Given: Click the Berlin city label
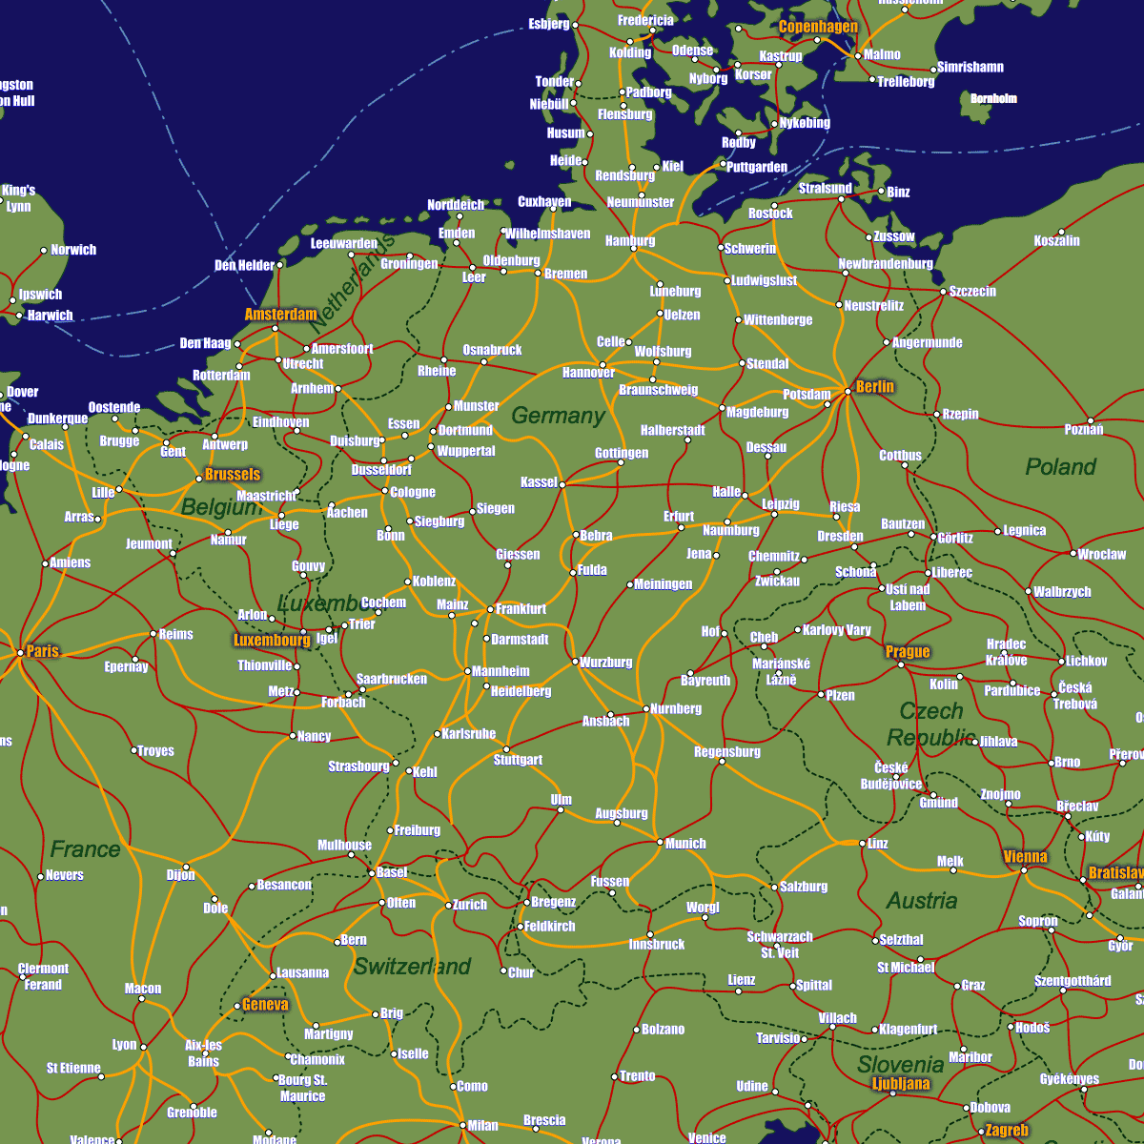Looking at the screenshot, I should point(874,386).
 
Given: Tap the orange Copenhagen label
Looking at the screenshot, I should point(818,27).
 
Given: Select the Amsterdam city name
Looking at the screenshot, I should point(280,314).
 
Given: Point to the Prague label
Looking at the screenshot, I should point(907,652).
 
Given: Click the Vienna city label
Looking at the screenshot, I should point(1025,856).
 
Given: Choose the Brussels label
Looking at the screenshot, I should point(232,474).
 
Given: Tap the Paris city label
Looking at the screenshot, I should point(43,651).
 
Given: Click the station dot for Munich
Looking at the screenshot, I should point(660,842).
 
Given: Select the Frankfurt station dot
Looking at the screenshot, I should point(491,609).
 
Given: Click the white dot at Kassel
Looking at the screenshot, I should point(562,484).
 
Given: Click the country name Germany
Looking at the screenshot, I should point(558,416).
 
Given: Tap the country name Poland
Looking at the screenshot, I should point(1060,467).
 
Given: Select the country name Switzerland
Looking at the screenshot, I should point(412,967).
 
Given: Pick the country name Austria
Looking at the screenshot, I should point(921,901).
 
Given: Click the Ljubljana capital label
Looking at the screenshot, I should point(901,1083).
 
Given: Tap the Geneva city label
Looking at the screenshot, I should point(265,1004).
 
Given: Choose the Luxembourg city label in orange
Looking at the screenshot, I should point(272,641).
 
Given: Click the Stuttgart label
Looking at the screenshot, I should point(518,760).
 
